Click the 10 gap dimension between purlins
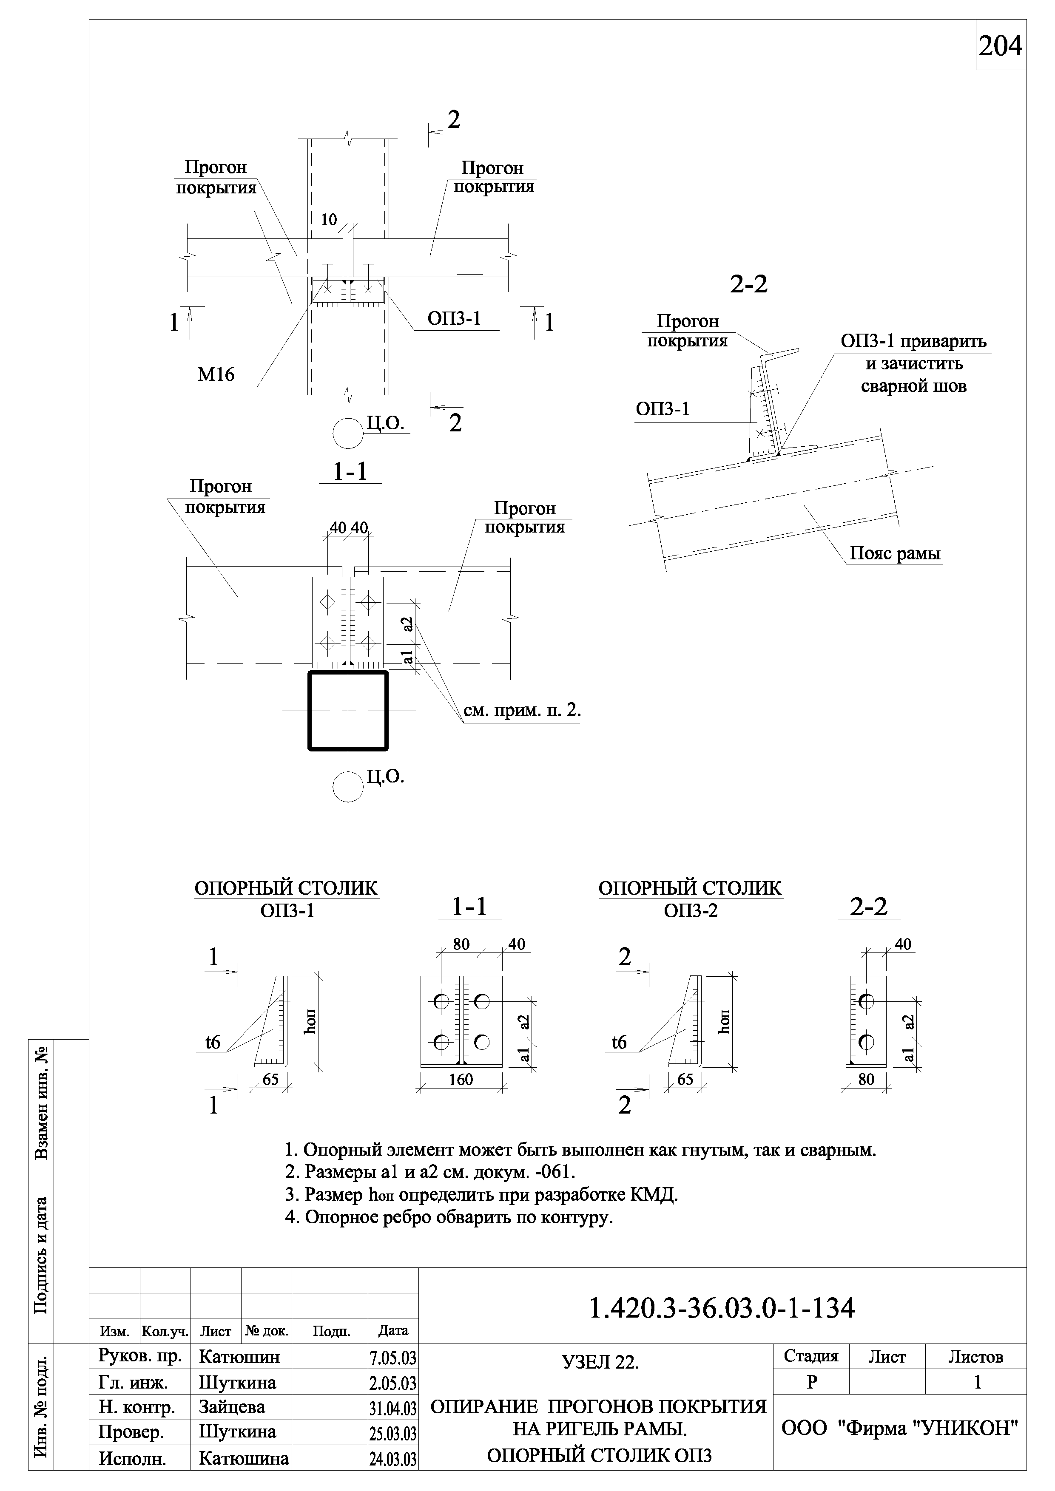pyautogui.click(x=330, y=219)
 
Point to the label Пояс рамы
pyautogui.click(x=895, y=553)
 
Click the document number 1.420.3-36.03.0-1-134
pyautogui.click(x=722, y=1309)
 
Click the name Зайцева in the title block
pyautogui.click(x=231, y=1407)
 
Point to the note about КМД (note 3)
pyautogui.click(x=481, y=1195)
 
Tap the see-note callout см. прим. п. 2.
pyautogui.click(x=522, y=710)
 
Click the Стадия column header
pyautogui.click(x=811, y=1356)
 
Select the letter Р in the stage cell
pyautogui.click(x=811, y=1382)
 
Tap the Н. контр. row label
pyautogui.click(x=136, y=1407)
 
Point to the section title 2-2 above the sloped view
pyautogui.click(x=748, y=284)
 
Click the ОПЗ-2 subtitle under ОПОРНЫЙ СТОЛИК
pyautogui.click(x=691, y=910)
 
